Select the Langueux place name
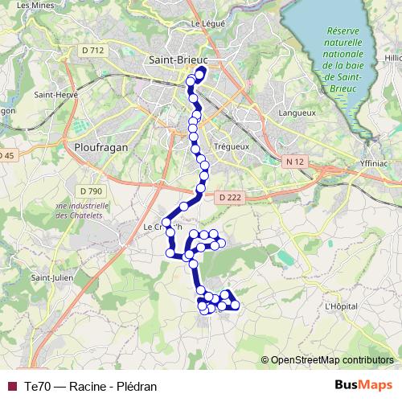click(297, 113)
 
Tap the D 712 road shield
click(94, 51)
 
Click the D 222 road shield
click(228, 196)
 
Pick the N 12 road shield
click(295, 162)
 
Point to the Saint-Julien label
click(47, 278)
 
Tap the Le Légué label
click(206, 23)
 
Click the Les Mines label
click(30, 5)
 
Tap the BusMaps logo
click(363, 385)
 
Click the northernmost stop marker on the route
click(200, 71)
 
